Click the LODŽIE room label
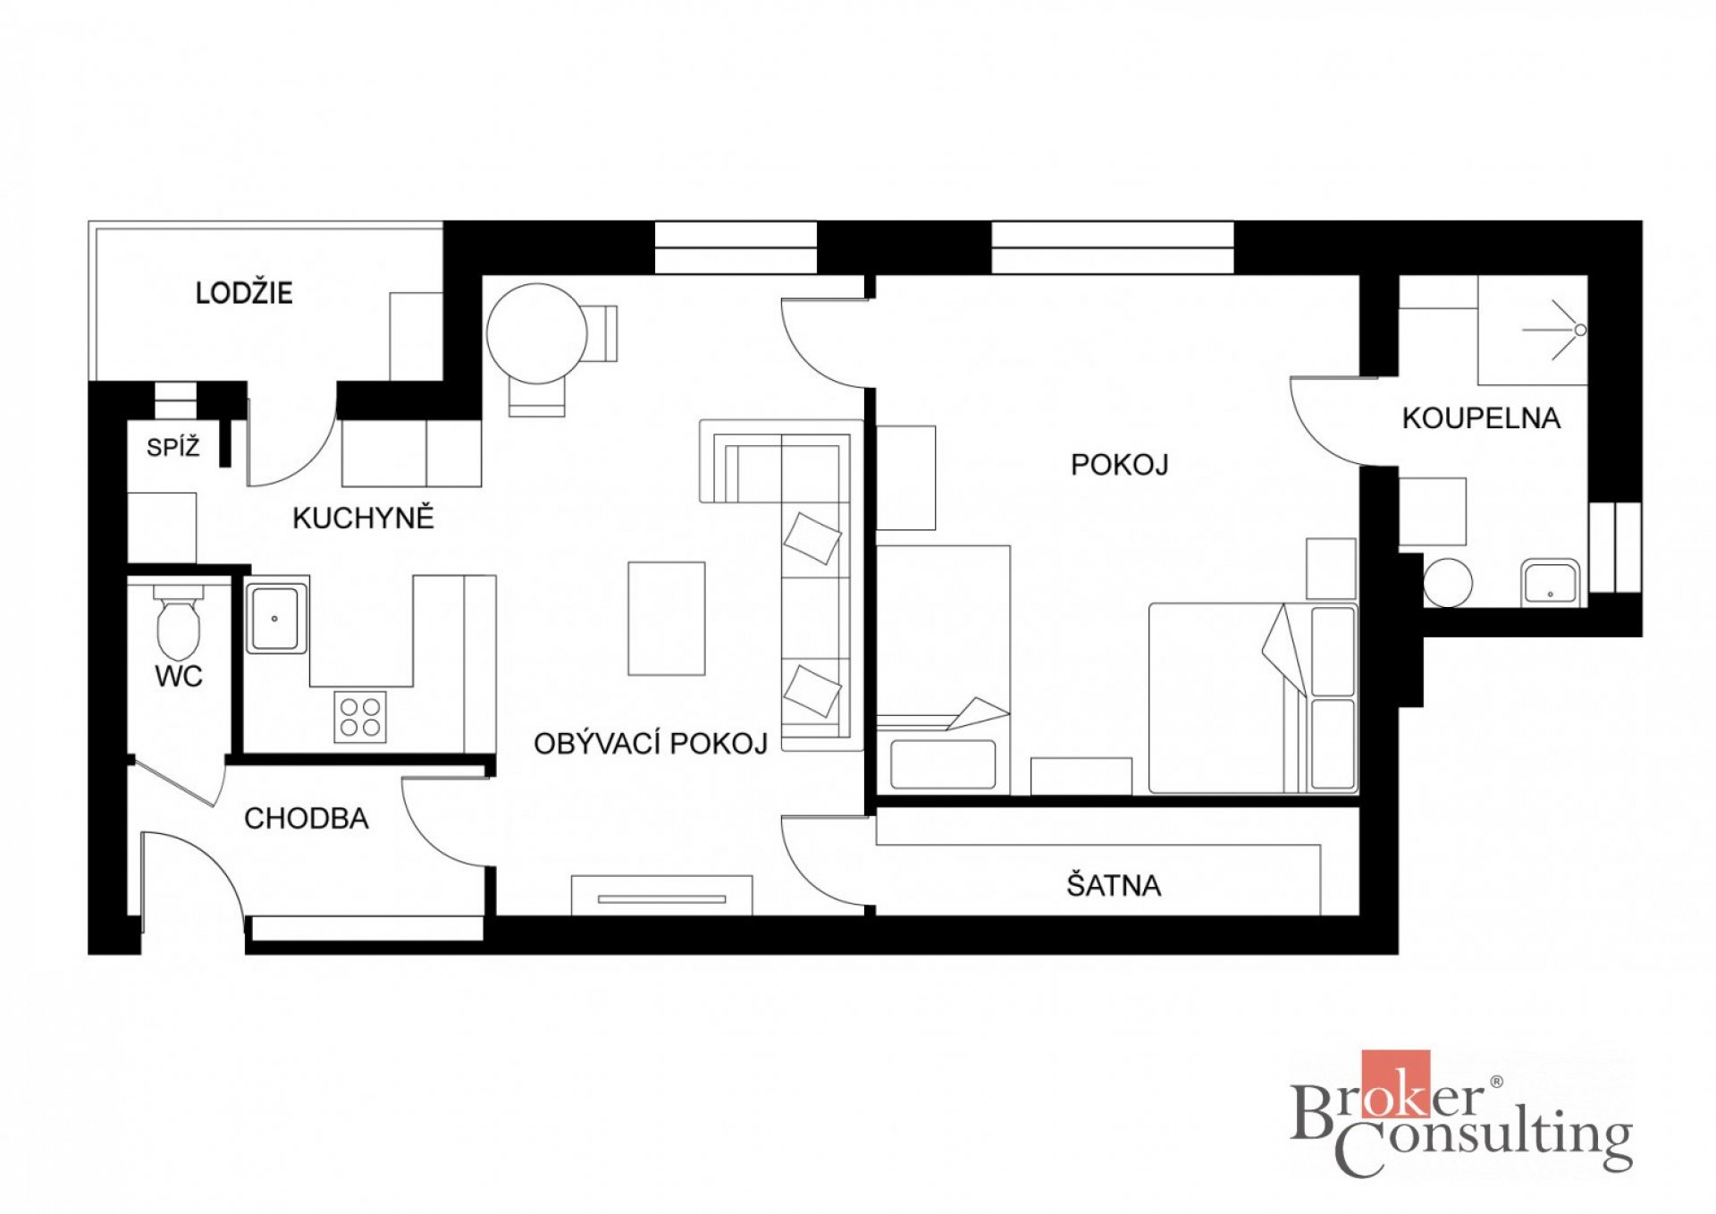point(244,292)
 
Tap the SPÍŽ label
point(173,447)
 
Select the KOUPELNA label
point(1481,418)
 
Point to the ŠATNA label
point(1114,885)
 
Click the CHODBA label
point(307,818)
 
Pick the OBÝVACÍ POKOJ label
point(651,743)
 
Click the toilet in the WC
point(179,622)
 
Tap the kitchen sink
point(276,617)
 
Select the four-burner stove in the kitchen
point(360,717)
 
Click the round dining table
point(536,333)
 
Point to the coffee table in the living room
point(666,619)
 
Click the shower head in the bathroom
point(1580,330)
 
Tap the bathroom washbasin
point(1551,582)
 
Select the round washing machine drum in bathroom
point(1448,583)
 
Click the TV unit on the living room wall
point(661,895)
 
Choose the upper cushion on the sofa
point(812,538)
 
